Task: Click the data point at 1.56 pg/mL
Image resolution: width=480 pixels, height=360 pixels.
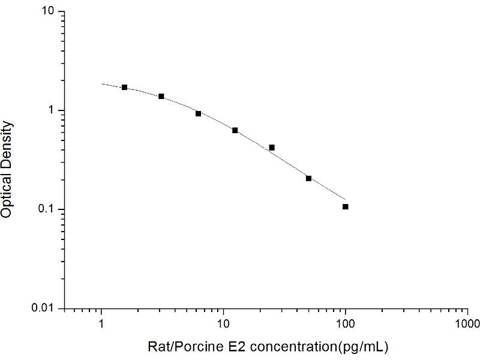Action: [125, 88]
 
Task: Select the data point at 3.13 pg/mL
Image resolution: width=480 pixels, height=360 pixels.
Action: [161, 96]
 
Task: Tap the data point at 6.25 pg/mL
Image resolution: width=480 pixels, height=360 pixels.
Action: [199, 113]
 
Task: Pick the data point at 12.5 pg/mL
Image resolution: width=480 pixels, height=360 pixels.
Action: [235, 130]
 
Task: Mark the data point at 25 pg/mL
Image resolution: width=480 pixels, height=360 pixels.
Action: [272, 148]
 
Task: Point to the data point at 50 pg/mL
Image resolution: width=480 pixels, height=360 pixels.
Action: [308, 178]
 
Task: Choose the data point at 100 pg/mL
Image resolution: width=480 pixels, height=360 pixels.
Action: [346, 206]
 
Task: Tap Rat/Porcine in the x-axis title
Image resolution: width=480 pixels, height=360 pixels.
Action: [179, 347]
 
